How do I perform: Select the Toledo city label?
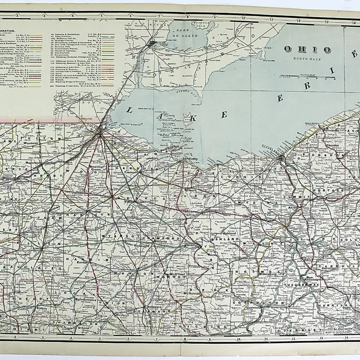tap(98, 130)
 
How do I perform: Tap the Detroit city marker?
tap(152, 43)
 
